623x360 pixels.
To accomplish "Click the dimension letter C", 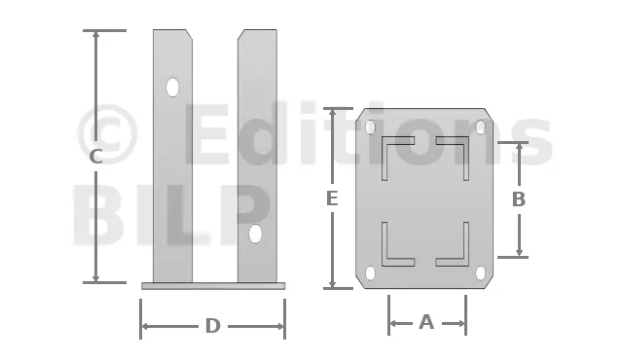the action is point(95,157).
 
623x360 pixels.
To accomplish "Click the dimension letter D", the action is point(213,326).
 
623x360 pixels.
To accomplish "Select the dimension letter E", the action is point(332,198).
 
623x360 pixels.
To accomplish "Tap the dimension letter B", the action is point(519,199).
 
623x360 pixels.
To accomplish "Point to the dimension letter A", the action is point(426,322).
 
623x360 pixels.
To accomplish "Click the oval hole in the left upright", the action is point(172,88).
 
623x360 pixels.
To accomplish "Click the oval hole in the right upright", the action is point(255,234).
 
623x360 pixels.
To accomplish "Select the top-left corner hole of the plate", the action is point(370,127).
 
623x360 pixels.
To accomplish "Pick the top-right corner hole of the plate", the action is point(480,127).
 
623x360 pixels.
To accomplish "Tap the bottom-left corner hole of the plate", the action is point(370,273).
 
